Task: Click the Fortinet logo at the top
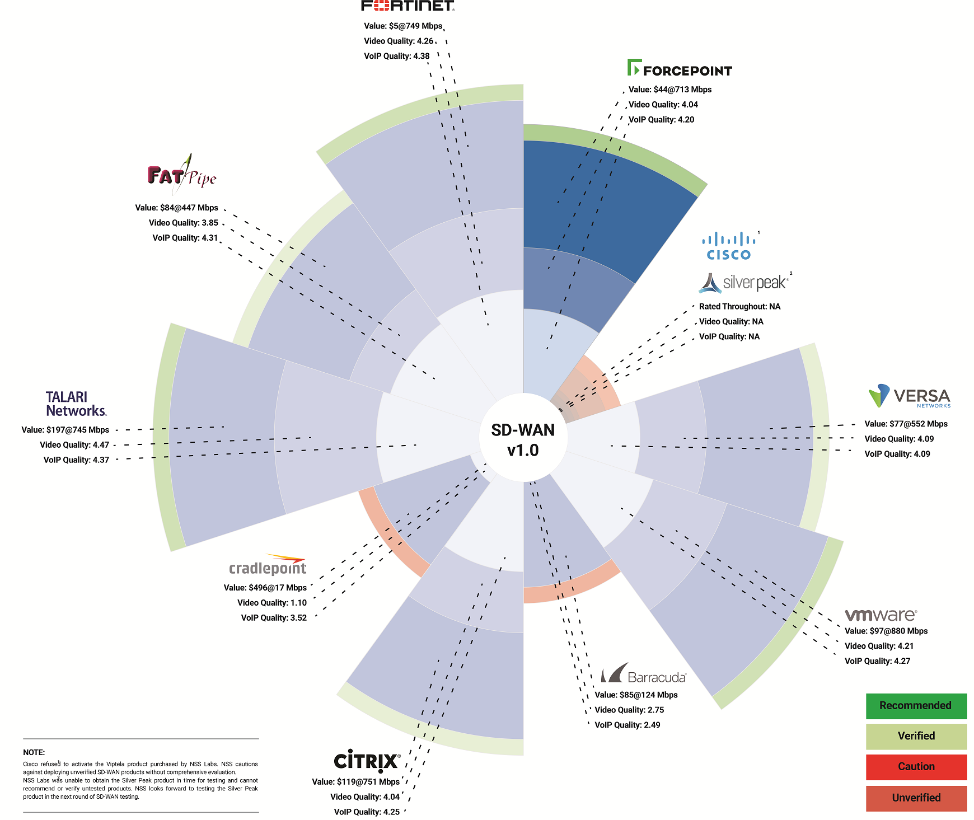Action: coord(408,6)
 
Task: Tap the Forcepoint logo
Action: coord(680,68)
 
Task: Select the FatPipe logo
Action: coord(182,174)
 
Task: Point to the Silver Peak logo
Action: coord(744,283)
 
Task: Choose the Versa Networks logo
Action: coord(910,396)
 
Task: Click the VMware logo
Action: coord(881,615)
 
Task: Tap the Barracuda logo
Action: coord(644,673)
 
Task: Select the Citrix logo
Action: coord(367,761)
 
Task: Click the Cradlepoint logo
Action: coord(268,565)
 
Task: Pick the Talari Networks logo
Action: coord(76,404)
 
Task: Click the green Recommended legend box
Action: coord(916,706)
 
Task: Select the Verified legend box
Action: coord(916,737)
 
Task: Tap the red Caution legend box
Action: coord(916,767)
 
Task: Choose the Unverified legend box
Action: coord(916,798)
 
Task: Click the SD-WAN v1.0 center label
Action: coord(523,440)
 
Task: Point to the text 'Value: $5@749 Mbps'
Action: coord(403,26)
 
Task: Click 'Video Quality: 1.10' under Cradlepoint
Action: coord(272,603)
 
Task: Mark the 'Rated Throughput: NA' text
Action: coord(739,307)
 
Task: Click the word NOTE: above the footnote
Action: coord(34,752)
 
